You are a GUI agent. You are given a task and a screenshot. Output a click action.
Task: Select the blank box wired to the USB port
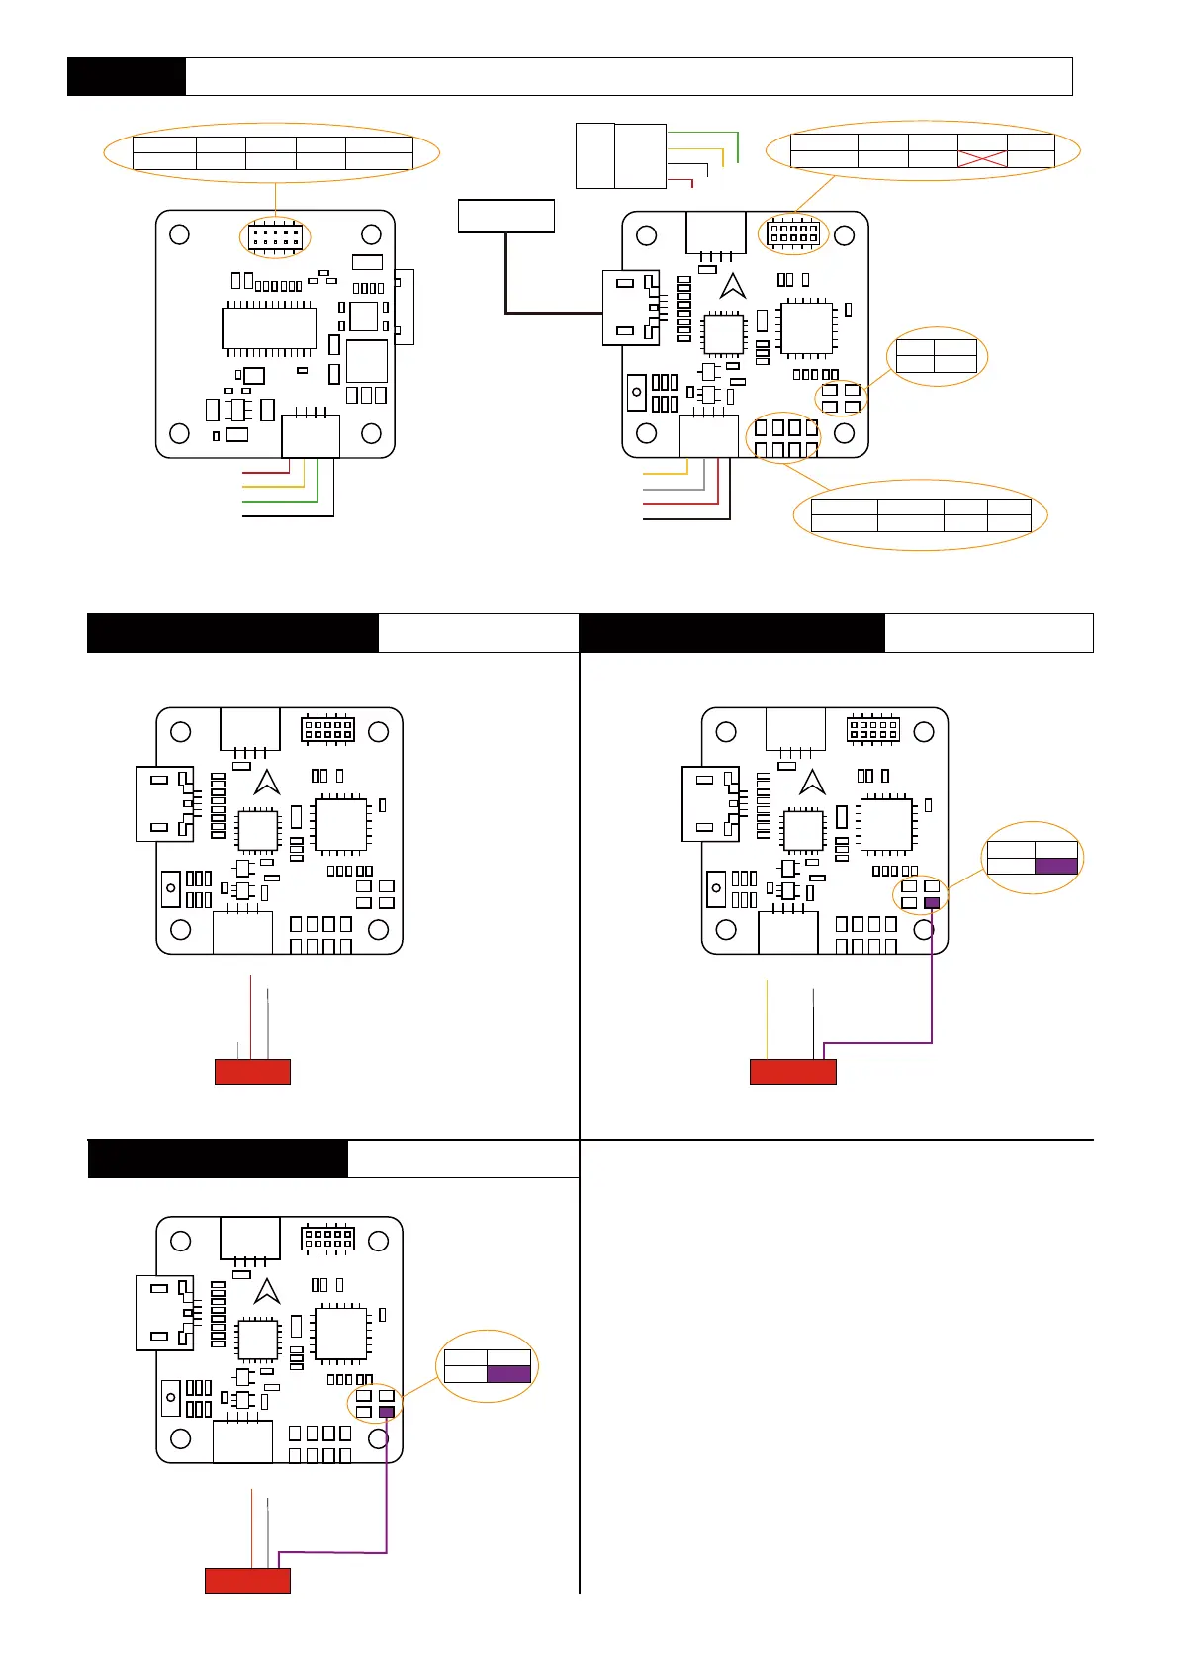pos(505,216)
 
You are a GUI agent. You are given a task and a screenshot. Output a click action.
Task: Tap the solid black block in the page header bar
pos(126,76)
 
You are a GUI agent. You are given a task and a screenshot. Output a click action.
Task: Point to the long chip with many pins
pos(269,328)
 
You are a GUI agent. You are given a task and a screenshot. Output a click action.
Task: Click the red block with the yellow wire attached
pos(792,1071)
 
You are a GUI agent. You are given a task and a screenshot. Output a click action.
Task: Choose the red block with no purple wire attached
pos(252,1071)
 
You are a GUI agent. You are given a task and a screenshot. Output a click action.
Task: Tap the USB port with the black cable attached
pos(630,309)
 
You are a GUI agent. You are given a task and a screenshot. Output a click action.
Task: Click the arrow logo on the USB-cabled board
pos(733,286)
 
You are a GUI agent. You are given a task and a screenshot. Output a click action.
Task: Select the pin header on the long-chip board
pos(275,237)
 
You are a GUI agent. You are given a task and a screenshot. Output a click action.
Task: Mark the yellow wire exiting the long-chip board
pos(274,486)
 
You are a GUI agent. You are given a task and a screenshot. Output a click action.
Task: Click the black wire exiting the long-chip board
pos(288,514)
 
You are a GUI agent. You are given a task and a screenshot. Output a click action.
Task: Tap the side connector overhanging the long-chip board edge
pos(404,307)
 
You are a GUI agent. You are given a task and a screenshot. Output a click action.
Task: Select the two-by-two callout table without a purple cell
pos(935,355)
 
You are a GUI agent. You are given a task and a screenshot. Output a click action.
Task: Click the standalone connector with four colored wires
pos(621,155)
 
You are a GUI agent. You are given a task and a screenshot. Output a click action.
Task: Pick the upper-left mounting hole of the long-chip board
pos(180,234)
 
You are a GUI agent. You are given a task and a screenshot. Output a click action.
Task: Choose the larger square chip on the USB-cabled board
pos(806,327)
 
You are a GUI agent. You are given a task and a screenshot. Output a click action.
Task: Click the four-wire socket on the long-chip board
pos(311,436)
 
